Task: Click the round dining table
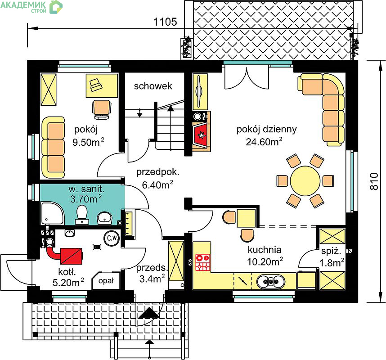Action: click(305, 181)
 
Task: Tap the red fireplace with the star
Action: click(202, 135)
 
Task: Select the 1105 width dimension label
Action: click(165, 22)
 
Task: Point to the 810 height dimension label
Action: click(374, 181)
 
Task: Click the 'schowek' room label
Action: click(153, 86)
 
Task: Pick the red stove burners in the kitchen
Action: click(202, 262)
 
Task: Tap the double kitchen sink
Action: click(271, 281)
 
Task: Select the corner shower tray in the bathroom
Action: click(52, 213)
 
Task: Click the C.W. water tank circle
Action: click(112, 238)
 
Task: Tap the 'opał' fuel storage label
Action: click(106, 280)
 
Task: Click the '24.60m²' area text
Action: click(264, 142)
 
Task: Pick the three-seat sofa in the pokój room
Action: click(53, 147)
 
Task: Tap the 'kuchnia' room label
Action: click(265, 250)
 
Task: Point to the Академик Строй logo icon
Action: click(56, 7)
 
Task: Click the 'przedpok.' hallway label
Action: click(158, 172)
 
